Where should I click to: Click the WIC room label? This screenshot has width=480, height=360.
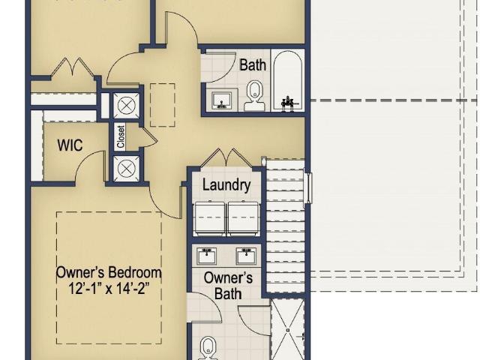point(70,145)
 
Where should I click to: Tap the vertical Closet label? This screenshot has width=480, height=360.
point(121,136)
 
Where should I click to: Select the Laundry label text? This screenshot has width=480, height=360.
point(226,185)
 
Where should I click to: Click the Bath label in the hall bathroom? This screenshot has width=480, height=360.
point(253,65)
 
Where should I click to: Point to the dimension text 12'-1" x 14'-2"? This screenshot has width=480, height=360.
point(109,288)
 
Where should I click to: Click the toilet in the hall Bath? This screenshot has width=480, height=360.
point(254,95)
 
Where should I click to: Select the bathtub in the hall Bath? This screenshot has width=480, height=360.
point(288,80)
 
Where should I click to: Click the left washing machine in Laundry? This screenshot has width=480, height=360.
point(210,218)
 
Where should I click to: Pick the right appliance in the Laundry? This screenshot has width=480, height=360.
point(243,218)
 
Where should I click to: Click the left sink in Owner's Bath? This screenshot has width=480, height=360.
point(207,256)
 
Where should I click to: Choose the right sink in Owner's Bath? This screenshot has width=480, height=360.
point(247,256)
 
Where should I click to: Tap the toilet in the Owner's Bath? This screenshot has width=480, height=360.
point(208,348)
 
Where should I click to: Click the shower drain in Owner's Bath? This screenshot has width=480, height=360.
point(288,330)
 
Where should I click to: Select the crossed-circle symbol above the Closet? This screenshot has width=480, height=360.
point(127,106)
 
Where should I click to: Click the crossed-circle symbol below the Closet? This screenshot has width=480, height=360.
point(127,169)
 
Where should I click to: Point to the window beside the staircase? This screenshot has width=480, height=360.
point(309,188)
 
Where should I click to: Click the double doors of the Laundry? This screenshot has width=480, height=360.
point(226,158)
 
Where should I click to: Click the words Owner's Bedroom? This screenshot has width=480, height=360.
point(109,272)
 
